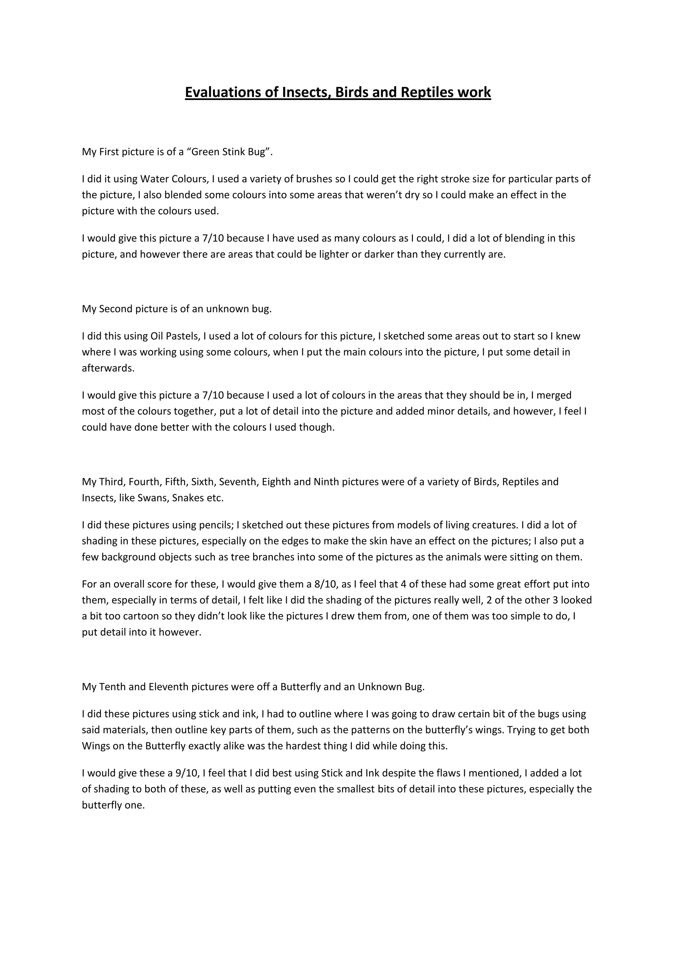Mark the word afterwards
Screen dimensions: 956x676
(108, 368)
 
